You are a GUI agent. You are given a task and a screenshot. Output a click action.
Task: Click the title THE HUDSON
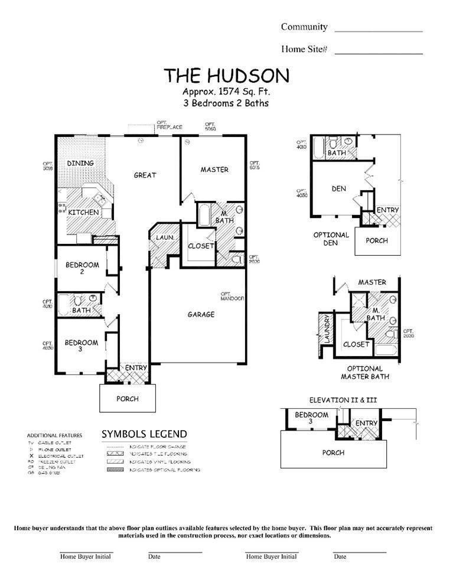click(226, 76)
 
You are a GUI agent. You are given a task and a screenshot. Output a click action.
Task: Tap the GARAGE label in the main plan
click(201, 315)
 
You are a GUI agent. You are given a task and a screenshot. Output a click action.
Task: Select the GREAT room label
click(145, 175)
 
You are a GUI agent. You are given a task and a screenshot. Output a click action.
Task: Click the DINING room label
click(80, 163)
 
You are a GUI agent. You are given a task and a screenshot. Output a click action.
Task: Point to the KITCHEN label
click(83, 212)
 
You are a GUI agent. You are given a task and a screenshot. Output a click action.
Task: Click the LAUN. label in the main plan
click(164, 237)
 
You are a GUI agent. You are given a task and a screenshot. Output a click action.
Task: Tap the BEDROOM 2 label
click(82, 268)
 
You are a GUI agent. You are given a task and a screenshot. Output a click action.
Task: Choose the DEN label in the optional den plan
click(338, 189)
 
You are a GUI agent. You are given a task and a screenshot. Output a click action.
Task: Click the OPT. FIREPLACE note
click(169, 126)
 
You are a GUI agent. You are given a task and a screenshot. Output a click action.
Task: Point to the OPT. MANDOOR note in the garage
click(232, 297)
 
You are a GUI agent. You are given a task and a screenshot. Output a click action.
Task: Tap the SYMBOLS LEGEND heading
click(144, 434)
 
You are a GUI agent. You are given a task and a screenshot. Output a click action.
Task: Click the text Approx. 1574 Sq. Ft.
click(226, 92)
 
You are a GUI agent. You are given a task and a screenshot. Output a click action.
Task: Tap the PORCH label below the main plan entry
click(127, 399)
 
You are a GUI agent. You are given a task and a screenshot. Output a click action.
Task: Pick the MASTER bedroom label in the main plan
click(214, 170)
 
